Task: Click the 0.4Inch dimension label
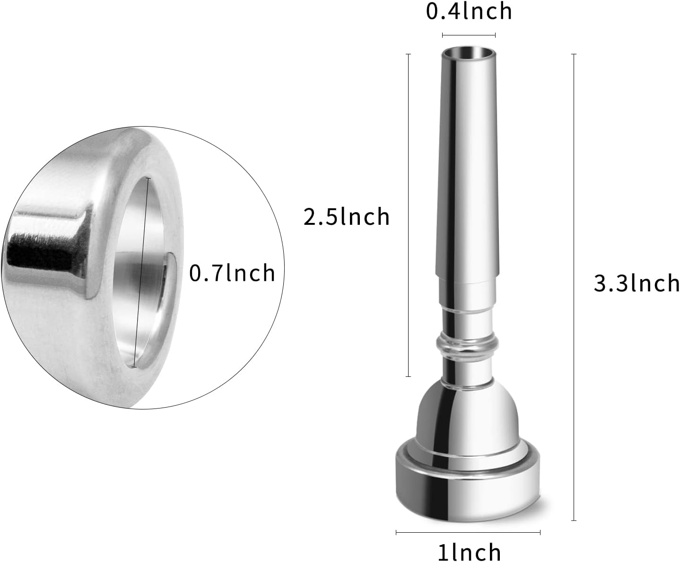tap(469, 11)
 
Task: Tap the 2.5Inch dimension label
tap(346, 217)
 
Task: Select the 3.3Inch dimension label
tap(636, 284)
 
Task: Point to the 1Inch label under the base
tap(469, 552)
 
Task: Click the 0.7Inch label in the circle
tap(232, 273)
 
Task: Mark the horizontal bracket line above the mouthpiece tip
tap(469, 35)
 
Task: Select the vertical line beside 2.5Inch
tap(408, 215)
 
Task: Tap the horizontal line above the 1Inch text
tap(468, 532)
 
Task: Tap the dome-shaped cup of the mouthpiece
tap(466, 416)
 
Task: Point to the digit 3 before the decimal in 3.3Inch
tap(600, 284)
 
